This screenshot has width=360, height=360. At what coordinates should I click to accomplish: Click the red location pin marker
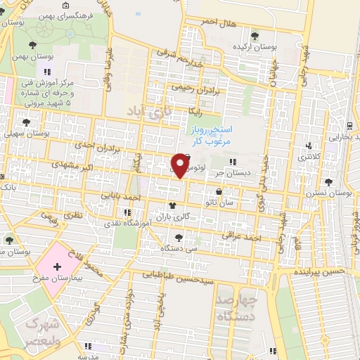pyautogui.click(x=181, y=165)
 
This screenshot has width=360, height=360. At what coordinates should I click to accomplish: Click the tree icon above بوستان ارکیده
pyautogui.click(x=255, y=36)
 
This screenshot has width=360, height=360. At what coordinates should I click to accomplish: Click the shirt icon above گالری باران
pyautogui.click(x=172, y=206)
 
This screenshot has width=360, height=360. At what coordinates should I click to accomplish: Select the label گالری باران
pyautogui.click(x=172, y=217)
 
